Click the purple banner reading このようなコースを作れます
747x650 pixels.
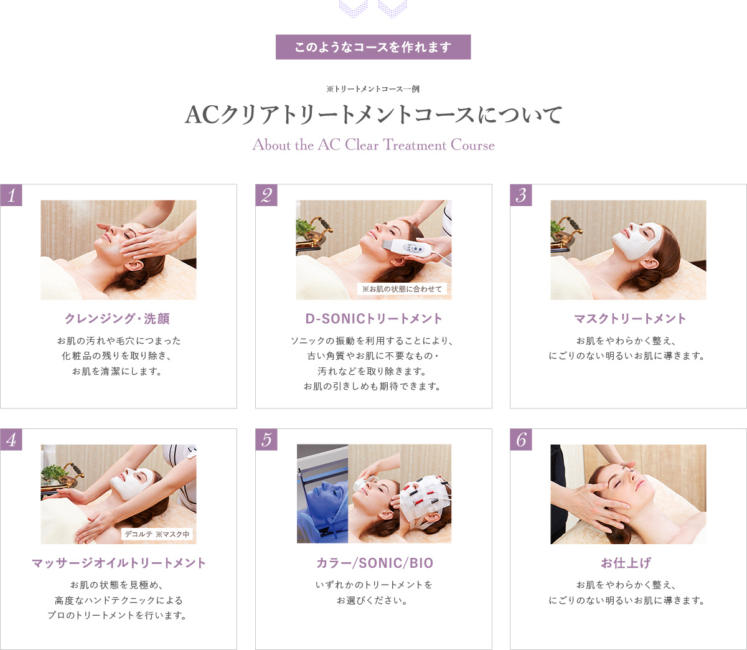pyautogui.click(x=373, y=47)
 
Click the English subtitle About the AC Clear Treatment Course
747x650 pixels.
pyautogui.click(x=374, y=145)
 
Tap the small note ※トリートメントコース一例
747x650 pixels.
pyautogui.click(x=373, y=89)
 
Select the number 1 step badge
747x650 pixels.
pyautogui.click(x=11, y=195)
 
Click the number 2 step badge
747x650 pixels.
pyautogui.click(x=266, y=195)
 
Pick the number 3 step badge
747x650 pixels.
pyautogui.click(x=521, y=195)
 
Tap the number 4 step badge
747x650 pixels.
pyautogui.click(x=11, y=440)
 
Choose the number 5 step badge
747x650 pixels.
pyautogui.click(x=266, y=440)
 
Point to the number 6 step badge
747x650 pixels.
pyautogui.click(x=521, y=440)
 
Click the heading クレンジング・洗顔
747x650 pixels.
pyautogui.click(x=118, y=319)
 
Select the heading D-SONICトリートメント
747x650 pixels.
pyautogui.click(x=374, y=319)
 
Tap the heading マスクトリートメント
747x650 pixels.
pyautogui.click(x=629, y=319)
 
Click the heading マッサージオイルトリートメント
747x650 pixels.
pyautogui.click(x=118, y=563)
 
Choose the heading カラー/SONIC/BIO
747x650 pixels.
pyautogui.click(x=374, y=563)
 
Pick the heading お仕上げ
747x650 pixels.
pyautogui.click(x=626, y=563)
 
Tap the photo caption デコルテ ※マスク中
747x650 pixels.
pyautogui.click(x=157, y=534)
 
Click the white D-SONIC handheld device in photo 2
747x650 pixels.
pyautogui.click(x=418, y=248)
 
